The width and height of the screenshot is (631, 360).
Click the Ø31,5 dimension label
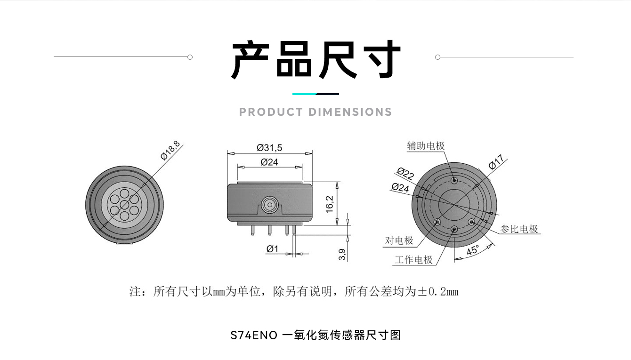click(x=269, y=148)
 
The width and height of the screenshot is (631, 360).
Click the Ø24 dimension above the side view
click(x=269, y=162)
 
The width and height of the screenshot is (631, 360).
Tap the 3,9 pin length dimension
click(x=342, y=255)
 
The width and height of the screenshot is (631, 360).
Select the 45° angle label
click(x=472, y=250)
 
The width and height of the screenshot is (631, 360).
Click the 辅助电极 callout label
click(x=426, y=146)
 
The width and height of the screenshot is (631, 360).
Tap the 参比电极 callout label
click(x=518, y=229)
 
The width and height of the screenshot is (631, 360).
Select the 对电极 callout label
click(x=399, y=240)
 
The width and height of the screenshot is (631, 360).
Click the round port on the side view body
click(x=270, y=205)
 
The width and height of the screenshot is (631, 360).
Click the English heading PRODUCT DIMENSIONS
click(x=315, y=112)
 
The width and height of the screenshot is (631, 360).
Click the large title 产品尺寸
click(x=315, y=60)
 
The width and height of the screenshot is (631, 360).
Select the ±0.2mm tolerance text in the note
click(x=437, y=292)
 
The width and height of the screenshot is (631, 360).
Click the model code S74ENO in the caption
click(x=253, y=336)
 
